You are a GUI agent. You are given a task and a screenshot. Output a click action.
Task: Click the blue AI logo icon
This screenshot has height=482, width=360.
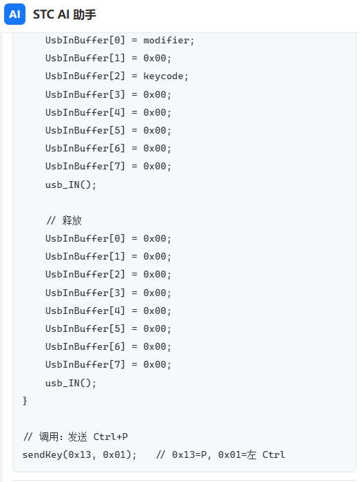[x=14, y=14]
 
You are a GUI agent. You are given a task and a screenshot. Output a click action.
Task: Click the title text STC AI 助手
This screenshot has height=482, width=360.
[x=65, y=14]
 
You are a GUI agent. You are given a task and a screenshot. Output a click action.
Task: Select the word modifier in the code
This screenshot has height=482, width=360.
[x=166, y=40]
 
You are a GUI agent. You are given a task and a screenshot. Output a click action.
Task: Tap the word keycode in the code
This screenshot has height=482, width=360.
[x=163, y=76]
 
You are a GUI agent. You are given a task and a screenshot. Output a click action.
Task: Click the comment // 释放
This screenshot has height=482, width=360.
[x=64, y=220]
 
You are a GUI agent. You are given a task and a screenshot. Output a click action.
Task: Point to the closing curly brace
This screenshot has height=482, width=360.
[x=25, y=401]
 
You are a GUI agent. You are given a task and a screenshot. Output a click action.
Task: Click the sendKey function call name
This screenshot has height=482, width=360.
[x=42, y=454]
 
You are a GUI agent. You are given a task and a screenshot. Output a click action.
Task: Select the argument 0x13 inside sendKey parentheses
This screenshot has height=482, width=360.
[x=79, y=454]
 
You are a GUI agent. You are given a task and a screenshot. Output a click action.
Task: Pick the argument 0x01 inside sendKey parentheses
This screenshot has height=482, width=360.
[x=114, y=454]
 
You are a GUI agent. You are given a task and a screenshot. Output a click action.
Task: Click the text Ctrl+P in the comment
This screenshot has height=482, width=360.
[x=111, y=437]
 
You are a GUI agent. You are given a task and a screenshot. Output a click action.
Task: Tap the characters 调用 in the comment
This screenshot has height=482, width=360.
[x=49, y=437]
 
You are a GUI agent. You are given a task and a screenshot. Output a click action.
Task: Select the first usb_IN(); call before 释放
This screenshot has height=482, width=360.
[x=71, y=185]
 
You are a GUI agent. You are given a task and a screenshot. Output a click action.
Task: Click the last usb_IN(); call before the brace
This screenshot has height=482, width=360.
[x=71, y=383]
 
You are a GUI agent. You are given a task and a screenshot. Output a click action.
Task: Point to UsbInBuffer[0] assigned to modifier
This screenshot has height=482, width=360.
[x=85, y=40]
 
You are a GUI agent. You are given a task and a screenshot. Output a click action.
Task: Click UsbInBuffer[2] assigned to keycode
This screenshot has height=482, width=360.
[x=85, y=76]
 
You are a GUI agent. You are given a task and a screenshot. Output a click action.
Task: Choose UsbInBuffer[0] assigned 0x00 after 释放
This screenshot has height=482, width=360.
[x=85, y=238]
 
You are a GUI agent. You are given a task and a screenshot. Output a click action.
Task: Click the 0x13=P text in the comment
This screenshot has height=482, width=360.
[x=189, y=454]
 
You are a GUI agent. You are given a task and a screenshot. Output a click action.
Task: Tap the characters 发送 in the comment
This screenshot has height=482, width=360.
[x=77, y=437]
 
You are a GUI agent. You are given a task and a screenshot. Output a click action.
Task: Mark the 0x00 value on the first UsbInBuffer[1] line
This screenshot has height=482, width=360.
[x=154, y=58]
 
